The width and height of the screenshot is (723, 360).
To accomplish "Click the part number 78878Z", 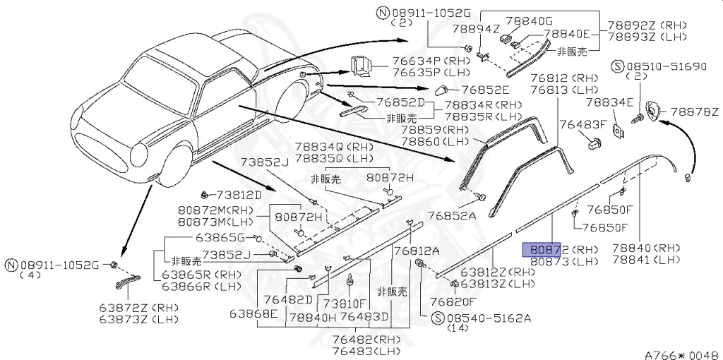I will pos(694,112).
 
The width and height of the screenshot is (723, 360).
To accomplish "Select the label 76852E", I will pos(485,90).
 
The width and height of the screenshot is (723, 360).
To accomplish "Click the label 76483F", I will pos(583,124).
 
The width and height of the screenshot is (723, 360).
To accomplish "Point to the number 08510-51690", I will pos(665,66).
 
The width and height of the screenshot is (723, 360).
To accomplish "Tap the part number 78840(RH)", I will pos(646,248).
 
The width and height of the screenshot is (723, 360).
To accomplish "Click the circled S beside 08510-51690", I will pos(617,66).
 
